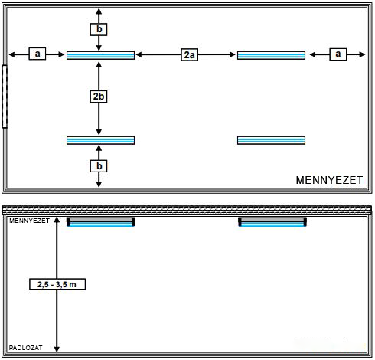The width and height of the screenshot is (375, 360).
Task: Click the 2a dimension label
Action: (x=190, y=54)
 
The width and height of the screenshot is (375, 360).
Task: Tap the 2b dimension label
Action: (x=99, y=97)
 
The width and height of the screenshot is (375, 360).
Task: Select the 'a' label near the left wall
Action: (x=37, y=54)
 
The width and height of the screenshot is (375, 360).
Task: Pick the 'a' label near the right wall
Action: (x=338, y=54)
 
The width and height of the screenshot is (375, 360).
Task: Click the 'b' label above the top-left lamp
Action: (x=99, y=29)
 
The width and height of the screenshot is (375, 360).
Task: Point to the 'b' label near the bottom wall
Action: (x=99, y=166)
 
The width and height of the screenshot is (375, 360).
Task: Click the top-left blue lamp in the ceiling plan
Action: (x=100, y=55)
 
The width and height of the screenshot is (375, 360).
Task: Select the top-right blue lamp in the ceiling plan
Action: (x=271, y=55)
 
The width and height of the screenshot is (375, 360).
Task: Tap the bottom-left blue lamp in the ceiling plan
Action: (x=100, y=140)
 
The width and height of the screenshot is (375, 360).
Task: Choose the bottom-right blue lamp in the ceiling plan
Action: (x=271, y=140)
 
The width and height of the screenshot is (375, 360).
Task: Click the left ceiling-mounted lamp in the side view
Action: (x=100, y=221)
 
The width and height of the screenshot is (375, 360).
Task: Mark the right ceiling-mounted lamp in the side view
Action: (x=272, y=221)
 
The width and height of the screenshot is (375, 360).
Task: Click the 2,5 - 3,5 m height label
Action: (x=57, y=284)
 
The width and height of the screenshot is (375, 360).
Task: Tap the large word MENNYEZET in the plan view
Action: (x=329, y=180)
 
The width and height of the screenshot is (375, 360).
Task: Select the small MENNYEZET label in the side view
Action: (x=29, y=221)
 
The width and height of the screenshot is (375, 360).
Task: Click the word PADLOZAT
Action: (x=25, y=348)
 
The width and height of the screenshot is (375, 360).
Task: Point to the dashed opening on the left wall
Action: (x=5, y=97)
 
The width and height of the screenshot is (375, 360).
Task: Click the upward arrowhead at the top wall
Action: (x=99, y=11)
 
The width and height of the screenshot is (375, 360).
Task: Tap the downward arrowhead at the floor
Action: (x=57, y=349)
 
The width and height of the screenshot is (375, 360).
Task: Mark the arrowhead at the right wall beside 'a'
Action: (x=362, y=54)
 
